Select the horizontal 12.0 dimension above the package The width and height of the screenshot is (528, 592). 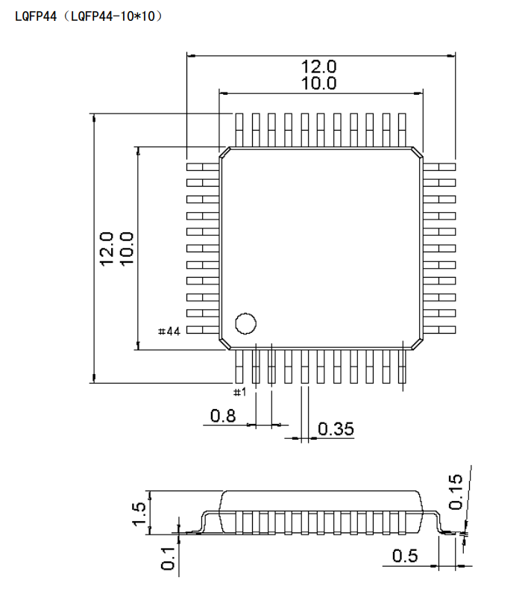pos(318,66)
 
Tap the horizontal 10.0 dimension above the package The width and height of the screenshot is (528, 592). pos(318,84)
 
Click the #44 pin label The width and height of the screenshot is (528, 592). pos(169,331)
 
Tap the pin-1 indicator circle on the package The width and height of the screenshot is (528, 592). pos(245,323)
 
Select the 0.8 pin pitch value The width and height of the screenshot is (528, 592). pos(223,416)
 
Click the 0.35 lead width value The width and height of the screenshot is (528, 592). pos(336,429)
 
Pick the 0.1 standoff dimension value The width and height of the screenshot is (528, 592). pos(168,558)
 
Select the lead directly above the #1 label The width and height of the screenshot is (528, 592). pos(239,366)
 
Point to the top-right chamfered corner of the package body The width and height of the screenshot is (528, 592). pos(417,152)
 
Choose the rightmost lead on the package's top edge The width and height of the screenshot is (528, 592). pos(403,129)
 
